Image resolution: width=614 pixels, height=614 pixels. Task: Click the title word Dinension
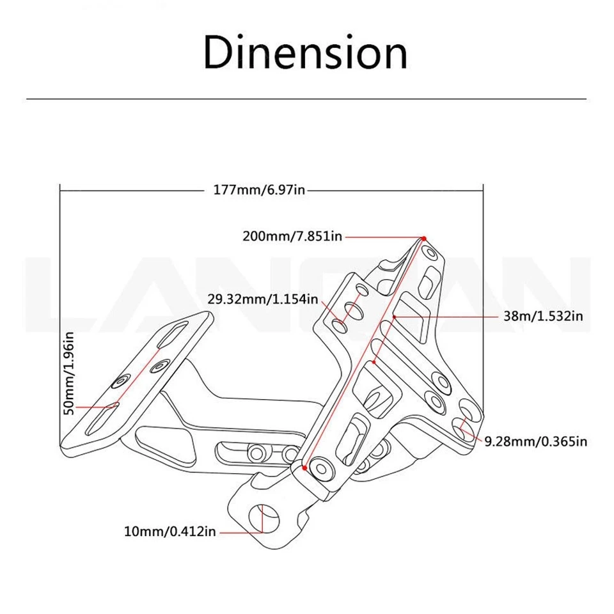pyautogui.click(x=305, y=52)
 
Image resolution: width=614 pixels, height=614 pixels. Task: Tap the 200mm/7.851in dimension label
pyautogui.click(x=292, y=236)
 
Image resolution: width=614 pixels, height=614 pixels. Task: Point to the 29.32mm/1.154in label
pyautogui.click(x=262, y=299)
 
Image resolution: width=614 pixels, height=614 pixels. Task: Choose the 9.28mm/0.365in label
pyautogui.click(x=535, y=441)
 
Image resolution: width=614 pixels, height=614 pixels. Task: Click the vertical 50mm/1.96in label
pyautogui.click(x=70, y=372)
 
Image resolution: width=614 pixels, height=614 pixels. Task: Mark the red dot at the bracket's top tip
pyautogui.click(x=423, y=239)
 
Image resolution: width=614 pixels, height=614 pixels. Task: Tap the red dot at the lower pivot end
pyautogui.click(x=304, y=468)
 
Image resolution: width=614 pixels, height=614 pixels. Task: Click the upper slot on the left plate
pyautogui.click(x=174, y=335)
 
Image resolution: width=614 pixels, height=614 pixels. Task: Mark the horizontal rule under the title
pyautogui.click(x=306, y=98)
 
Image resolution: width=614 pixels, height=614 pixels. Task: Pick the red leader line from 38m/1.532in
pyautogui.click(x=448, y=316)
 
